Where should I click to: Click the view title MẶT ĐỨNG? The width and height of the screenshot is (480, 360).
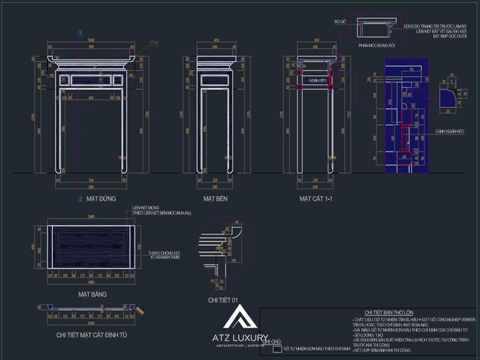pos(101,198)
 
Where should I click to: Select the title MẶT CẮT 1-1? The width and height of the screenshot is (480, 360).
pos(317,198)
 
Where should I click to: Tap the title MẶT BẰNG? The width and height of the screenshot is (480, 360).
pos(92,295)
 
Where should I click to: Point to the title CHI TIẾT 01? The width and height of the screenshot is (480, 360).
pos(223,299)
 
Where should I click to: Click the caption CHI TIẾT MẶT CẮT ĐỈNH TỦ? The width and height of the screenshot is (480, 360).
pos(91,335)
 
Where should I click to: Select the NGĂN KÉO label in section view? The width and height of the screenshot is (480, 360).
pos(317,80)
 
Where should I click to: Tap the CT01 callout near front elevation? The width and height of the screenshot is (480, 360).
pos(137,43)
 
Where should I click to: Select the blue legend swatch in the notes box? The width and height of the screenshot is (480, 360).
pos(277,349)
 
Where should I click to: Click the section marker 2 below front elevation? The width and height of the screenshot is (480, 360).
pos(80,198)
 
